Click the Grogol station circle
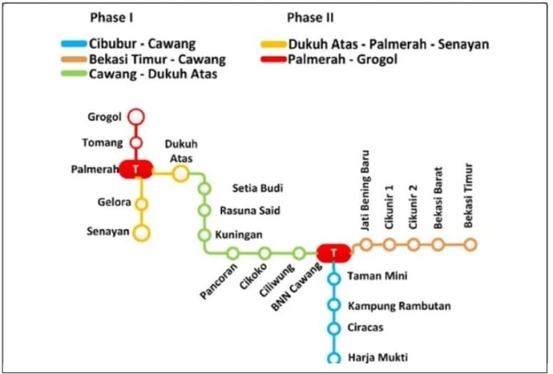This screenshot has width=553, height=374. click(x=136, y=117)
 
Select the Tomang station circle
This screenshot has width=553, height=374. click(x=136, y=143)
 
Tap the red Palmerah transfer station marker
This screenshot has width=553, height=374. click(x=136, y=169)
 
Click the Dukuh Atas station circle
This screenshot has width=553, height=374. click(x=180, y=174)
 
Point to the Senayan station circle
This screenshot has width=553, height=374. click(x=142, y=231)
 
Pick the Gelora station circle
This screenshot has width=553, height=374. click(x=142, y=205)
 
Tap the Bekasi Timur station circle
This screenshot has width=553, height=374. click(x=470, y=244)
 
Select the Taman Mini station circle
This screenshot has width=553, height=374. click(x=334, y=277)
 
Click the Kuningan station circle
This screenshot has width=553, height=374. click(x=205, y=234)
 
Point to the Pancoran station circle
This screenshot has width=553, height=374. click(x=232, y=253)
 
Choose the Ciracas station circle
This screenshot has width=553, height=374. click(x=334, y=329)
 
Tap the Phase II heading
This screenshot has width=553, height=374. click(x=310, y=16)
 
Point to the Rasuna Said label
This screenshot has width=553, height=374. click(x=250, y=210)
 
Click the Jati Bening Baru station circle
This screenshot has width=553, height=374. click(x=366, y=244)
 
